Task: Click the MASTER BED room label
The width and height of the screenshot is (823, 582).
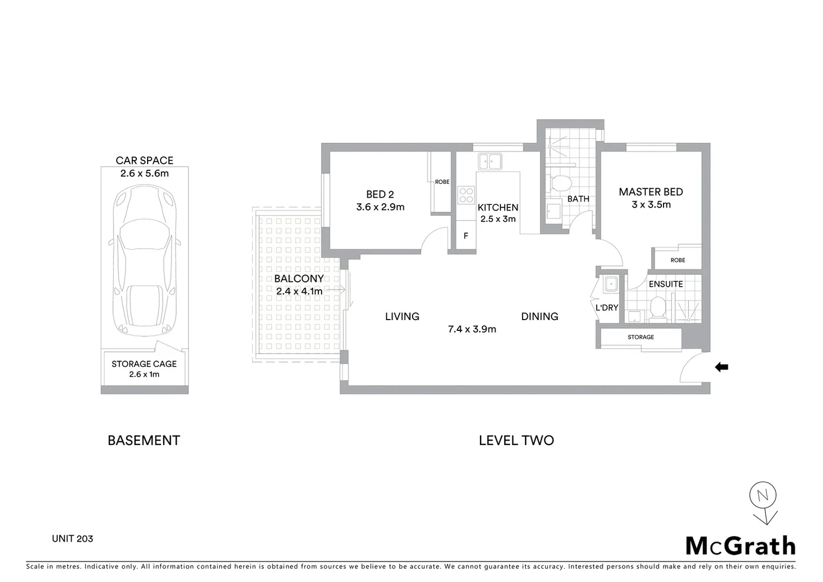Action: (651, 192)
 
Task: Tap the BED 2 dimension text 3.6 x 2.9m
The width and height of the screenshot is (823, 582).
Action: (380, 207)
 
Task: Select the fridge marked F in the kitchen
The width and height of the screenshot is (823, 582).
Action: (466, 236)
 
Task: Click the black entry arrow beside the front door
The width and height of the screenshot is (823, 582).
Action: (721, 368)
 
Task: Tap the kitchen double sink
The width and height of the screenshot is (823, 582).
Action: (490, 161)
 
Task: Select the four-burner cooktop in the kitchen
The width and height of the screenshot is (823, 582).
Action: (466, 195)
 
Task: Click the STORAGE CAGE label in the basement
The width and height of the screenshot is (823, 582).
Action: (144, 364)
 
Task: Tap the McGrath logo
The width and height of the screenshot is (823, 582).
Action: (741, 545)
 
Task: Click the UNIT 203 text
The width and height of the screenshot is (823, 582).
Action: (72, 538)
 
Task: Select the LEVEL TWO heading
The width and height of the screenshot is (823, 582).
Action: (516, 440)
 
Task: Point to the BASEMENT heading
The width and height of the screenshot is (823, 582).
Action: (144, 440)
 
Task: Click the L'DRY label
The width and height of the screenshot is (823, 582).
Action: (606, 308)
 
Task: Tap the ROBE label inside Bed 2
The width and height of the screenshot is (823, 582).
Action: (442, 182)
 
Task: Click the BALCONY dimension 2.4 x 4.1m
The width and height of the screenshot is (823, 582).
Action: (299, 292)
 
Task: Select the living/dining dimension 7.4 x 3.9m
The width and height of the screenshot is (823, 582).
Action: (472, 329)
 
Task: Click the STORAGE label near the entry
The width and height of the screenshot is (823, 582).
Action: (640, 337)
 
